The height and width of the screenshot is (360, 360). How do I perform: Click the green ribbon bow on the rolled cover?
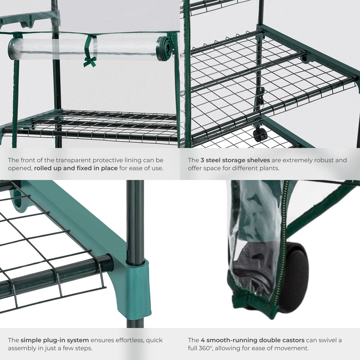pos(89,62)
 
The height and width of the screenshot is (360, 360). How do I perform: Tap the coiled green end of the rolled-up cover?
pos(165,49)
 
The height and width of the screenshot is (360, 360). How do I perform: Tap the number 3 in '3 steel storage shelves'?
pos(202,160)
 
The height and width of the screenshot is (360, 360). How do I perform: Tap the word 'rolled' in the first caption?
pos(44,168)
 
